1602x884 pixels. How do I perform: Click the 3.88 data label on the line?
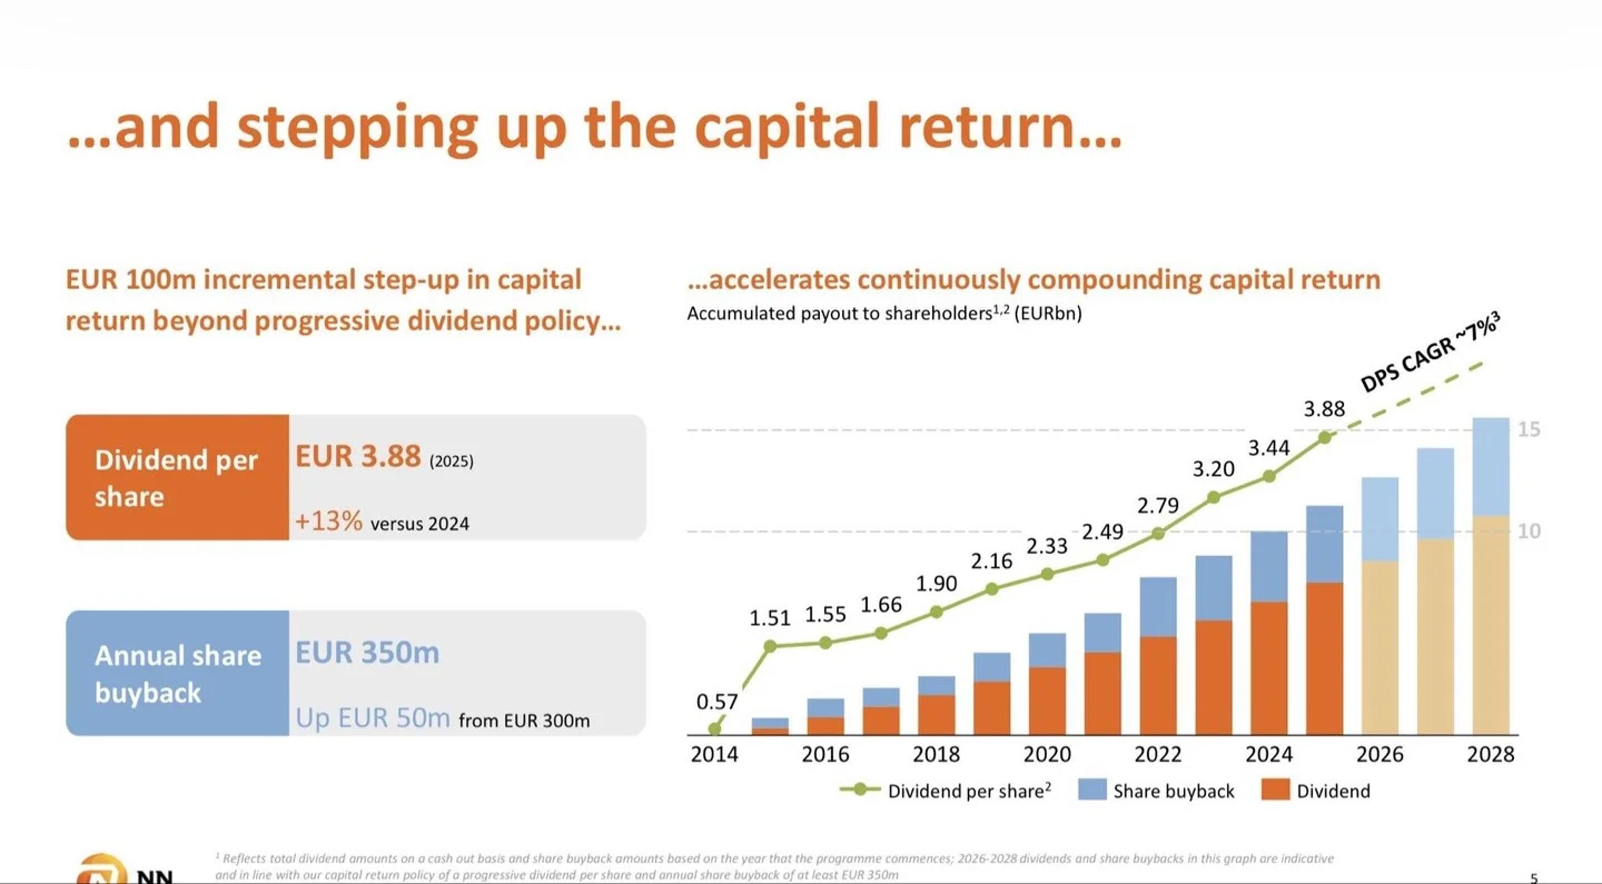1324,409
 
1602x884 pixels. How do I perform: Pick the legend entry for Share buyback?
1173,791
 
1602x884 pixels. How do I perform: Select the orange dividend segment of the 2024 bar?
1269,668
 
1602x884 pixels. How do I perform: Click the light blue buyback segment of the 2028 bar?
1491,466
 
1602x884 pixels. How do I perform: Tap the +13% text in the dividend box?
328,521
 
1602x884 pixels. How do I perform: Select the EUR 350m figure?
367,653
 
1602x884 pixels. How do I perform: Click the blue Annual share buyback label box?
177,673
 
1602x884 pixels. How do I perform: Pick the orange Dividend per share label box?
177,477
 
